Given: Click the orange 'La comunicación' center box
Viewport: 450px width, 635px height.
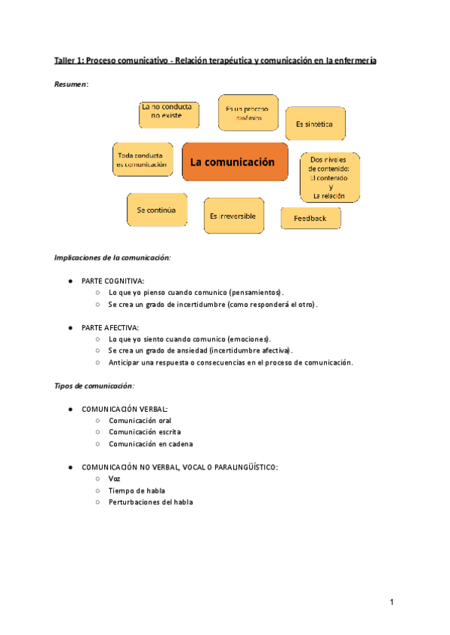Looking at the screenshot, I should (235, 162).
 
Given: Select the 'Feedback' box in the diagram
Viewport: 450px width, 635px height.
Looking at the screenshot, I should (310, 218).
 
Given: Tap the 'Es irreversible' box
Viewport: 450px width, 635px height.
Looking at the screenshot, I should (232, 216).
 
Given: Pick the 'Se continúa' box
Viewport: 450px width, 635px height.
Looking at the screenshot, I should (156, 210).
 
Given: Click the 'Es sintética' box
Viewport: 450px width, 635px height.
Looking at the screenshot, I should (315, 124).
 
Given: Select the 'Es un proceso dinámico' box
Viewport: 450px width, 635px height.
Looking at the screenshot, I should (247, 113).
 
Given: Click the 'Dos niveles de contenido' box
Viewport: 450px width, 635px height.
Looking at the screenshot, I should (330, 177).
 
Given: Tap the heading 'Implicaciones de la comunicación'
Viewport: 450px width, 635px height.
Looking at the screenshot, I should (112, 258).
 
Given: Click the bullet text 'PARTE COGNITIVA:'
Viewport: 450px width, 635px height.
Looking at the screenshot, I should (113, 280).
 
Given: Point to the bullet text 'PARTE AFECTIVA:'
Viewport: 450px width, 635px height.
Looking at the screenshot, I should (110, 327).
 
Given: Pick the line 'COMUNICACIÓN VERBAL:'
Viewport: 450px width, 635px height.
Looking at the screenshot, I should (124, 409).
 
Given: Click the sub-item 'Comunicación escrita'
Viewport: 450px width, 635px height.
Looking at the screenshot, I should (144, 432).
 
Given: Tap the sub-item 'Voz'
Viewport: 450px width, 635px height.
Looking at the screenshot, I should (114, 478).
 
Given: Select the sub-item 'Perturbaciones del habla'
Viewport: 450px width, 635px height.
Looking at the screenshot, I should (150, 502).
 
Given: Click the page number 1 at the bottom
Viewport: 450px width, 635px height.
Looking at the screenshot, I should (391, 602).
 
